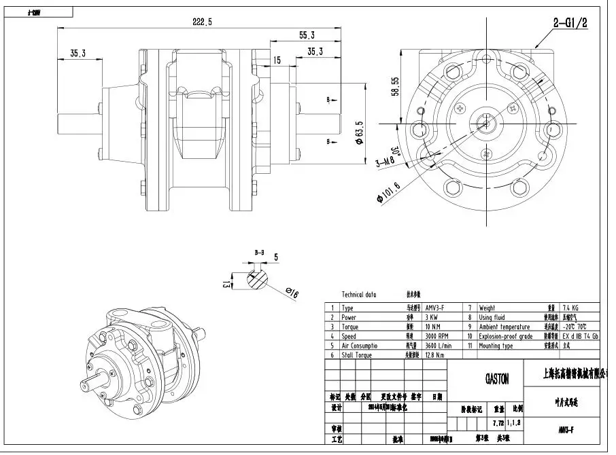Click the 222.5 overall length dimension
tap(202, 22)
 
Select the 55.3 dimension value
tap(307, 35)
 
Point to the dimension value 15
tap(277, 60)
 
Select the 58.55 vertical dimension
tap(394, 86)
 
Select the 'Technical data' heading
tap(359, 295)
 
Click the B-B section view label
tap(259, 253)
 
